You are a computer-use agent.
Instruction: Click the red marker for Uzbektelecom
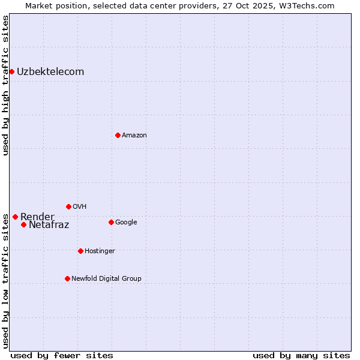tap(11, 72)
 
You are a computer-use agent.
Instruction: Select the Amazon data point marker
tap(118, 135)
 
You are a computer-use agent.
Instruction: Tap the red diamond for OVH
tap(68, 206)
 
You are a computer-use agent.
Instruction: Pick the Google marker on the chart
tap(111, 222)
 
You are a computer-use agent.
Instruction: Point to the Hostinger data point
tap(80, 251)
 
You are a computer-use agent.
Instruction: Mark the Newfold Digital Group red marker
tap(67, 278)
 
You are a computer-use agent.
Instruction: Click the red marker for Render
tap(15, 217)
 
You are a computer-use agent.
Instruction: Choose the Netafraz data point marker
tap(23, 224)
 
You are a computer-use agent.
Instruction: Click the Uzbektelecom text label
tap(50, 72)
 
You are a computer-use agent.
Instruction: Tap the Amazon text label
tap(134, 136)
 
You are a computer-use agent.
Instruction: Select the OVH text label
tap(80, 207)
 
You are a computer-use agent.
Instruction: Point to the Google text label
tap(126, 223)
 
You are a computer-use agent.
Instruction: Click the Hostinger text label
tap(100, 251)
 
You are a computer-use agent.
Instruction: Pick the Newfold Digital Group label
tap(106, 279)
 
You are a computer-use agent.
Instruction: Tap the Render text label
tap(37, 217)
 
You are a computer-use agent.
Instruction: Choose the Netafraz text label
tap(49, 225)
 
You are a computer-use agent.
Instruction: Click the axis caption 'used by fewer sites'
tap(62, 355)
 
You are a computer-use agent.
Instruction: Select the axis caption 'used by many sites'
tap(301, 355)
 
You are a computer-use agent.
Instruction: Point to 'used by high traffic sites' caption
tap(6, 85)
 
